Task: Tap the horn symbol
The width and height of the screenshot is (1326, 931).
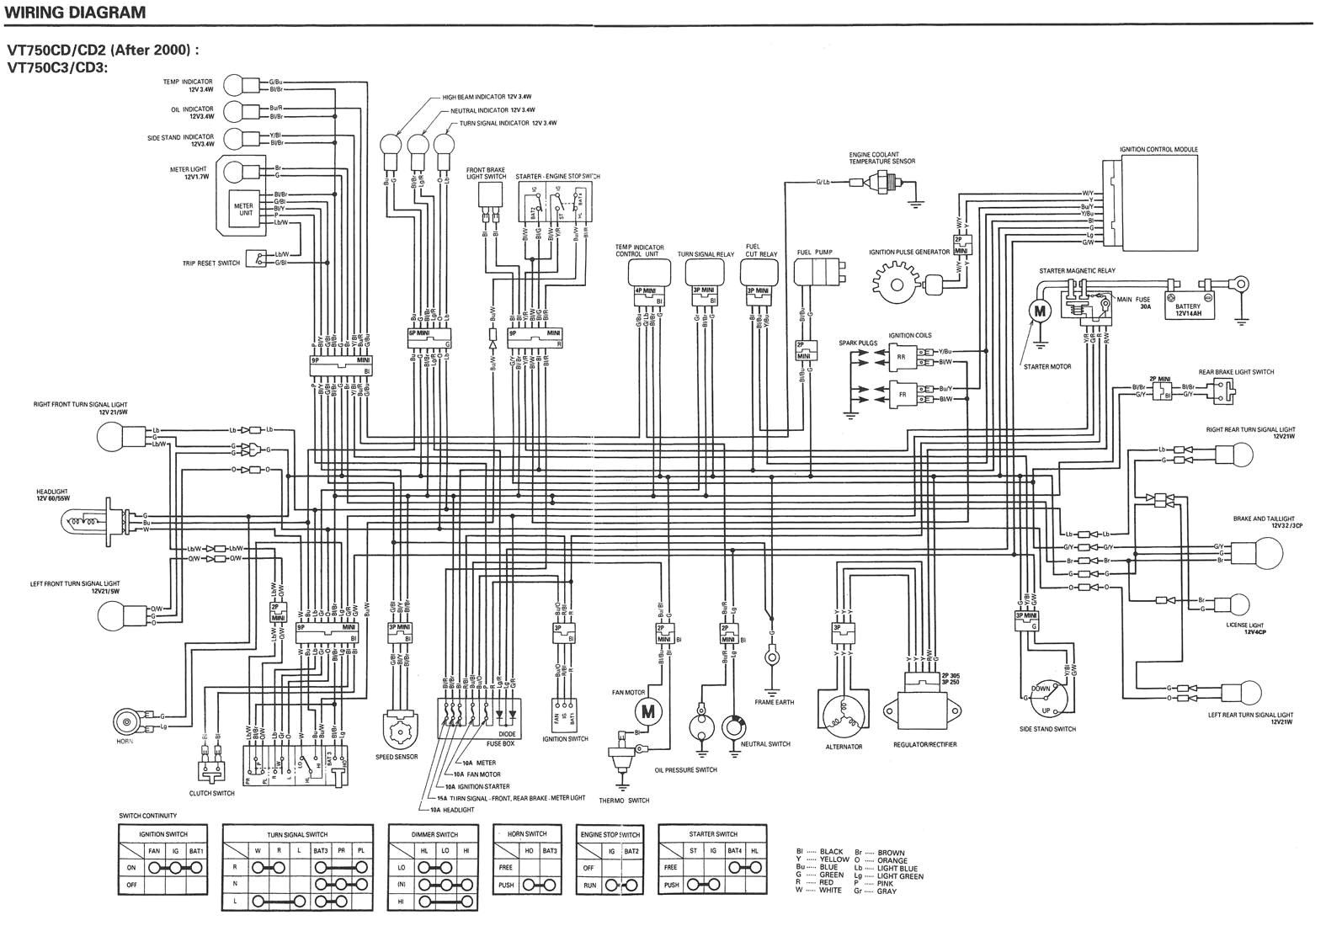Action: tap(129, 721)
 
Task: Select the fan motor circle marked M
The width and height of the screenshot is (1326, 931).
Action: tap(647, 712)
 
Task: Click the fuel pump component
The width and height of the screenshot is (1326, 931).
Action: tap(815, 274)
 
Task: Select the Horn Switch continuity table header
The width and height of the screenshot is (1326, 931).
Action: tap(527, 833)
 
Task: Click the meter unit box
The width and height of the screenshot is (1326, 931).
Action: tap(245, 209)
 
